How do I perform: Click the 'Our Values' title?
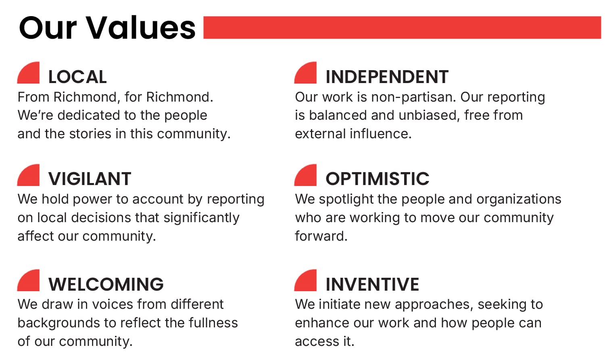coord(107,28)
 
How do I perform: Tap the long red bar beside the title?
coord(402,27)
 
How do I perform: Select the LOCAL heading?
coord(77,77)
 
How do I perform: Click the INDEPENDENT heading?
coord(387,77)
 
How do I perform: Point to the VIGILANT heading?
coord(90,179)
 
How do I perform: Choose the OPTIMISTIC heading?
coord(377,179)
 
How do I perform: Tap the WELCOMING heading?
coord(106,284)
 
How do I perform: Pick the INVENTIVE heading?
coord(372,284)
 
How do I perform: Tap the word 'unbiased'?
coord(429,115)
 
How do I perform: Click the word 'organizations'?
coord(519,200)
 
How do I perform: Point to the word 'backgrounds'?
coord(59,323)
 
